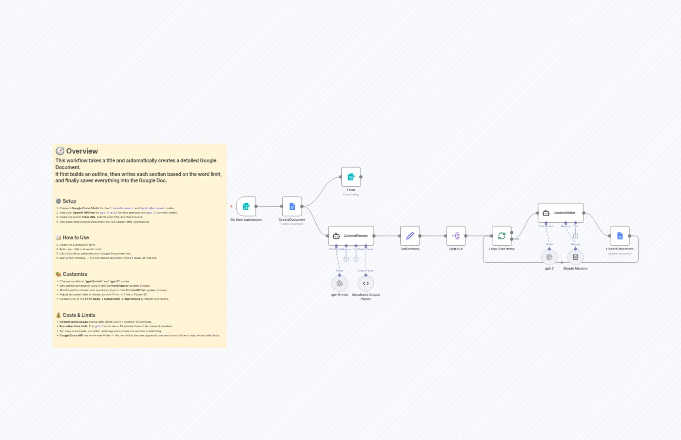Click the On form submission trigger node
point(246,206)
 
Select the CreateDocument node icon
point(292,206)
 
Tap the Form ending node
point(351,177)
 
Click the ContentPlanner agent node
point(351,236)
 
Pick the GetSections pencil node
point(410,236)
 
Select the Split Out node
point(456,236)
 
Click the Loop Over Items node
point(502,236)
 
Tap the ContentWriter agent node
point(560,213)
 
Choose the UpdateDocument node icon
point(620,236)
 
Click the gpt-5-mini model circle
point(339,284)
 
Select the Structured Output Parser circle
point(366,284)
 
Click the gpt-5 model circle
point(549,257)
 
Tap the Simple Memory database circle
point(575,257)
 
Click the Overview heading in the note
point(82,151)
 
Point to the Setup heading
point(69,201)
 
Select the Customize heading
point(75,274)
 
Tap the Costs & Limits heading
point(79,315)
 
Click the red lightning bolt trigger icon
point(231,206)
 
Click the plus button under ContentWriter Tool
point(575,236)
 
